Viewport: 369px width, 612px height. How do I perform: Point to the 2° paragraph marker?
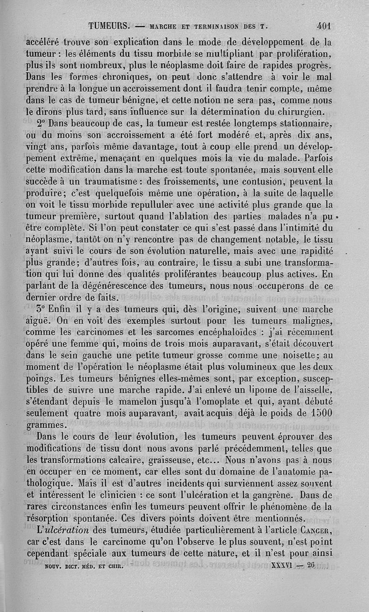tap(41, 123)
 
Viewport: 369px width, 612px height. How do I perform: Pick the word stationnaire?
tap(303, 123)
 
